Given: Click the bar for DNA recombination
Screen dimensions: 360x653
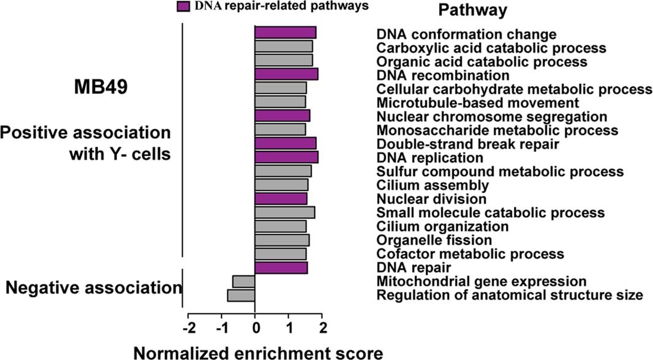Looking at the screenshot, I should pyautogui.click(x=286, y=74).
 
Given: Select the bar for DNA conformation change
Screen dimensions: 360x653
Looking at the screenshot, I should pyautogui.click(x=285, y=33).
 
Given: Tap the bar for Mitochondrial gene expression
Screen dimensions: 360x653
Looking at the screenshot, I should pyautogui.click(x=244, y=281).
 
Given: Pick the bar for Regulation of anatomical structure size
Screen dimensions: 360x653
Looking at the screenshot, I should pyautogui.click(x=241, y=296).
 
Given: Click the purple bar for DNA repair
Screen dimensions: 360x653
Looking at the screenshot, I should pyautogui.click(x=281, y=268).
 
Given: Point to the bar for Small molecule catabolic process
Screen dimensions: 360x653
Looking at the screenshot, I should pyautogui.click(x=284, y=212).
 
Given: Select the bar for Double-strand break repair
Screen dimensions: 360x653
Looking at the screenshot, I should pyautogui.click(x=285, y=143).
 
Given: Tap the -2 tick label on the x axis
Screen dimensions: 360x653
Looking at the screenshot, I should pyautogui.click(x=189, y=326).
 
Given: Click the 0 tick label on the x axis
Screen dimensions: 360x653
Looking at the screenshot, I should pyautogui.click(x=255, y=326).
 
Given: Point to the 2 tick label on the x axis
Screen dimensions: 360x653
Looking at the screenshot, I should pyautogui.click(x=323, y=326).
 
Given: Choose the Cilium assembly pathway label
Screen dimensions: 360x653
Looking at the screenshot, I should pyautogui.click(x=432, y=185).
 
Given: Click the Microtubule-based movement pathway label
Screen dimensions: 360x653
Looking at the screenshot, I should pyautogui.click(x=478, y=102).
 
